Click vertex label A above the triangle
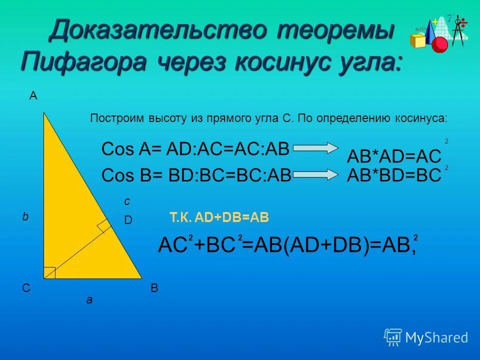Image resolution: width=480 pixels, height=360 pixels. pos(33,96)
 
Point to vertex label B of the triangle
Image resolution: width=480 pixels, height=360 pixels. pos(154,288)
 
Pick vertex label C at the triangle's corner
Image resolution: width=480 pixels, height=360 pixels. pos(25,288)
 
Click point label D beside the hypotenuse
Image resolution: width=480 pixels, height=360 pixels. pos(128,220)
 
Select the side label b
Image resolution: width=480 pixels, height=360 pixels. pos(25,217)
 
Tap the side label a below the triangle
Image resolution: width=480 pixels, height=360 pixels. pos(89,300)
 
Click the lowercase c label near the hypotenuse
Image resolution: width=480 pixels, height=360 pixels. pos(127,201)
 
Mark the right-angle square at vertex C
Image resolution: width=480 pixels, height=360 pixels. pos(49,272)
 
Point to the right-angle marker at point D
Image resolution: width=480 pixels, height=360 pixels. pos(104,226)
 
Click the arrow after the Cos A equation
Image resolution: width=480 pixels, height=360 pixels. pos(316,148)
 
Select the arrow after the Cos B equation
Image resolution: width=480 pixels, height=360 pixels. pos(316,174)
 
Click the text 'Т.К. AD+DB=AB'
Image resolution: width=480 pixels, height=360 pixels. pos(219,217)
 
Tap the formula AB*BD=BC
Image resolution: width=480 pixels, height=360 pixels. pos(394,175)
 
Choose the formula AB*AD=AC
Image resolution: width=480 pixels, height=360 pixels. pos(394,156)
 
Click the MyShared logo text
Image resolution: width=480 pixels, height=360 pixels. pos(436,337)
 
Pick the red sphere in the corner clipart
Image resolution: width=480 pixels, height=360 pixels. pos(440,44)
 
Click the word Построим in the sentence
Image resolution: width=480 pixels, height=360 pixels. pos(117,118)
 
